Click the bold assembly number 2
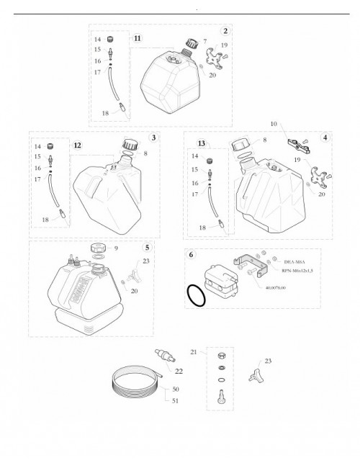pyautogui.click(x=225, y=31)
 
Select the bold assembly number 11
pyautogui.click(x=137, y=37)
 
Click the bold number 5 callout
pyautogui.click(x=147, y=246)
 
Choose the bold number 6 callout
pyautogui.click(x=191, y=255)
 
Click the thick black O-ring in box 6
pyautogui.click(x=195, y=295)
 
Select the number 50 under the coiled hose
pyautogui.click(x=175, y=389)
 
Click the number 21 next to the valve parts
pyautogui.click(x=194, y=351)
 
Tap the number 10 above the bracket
pyautogui.click(x=273, y=125)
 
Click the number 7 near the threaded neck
pyautogui.click(x=205, y=41)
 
